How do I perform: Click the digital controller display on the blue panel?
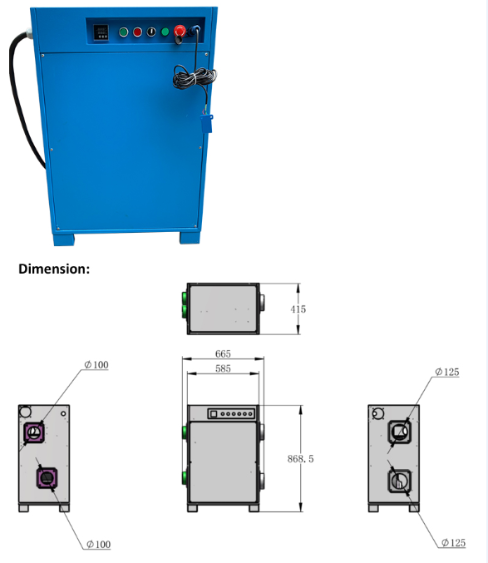(x=101, y=32)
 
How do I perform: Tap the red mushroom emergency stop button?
(x=180, y=31)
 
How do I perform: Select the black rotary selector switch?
(x=151, y=32)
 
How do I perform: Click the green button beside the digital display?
(x=123, y=32)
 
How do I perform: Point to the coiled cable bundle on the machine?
(x=194, y=78)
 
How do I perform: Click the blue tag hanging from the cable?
(x=206, y=124)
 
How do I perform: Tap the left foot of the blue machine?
(x=64, y=240)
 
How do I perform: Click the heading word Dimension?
(x=54, y=269)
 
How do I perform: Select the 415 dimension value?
(x=298, y=309)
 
